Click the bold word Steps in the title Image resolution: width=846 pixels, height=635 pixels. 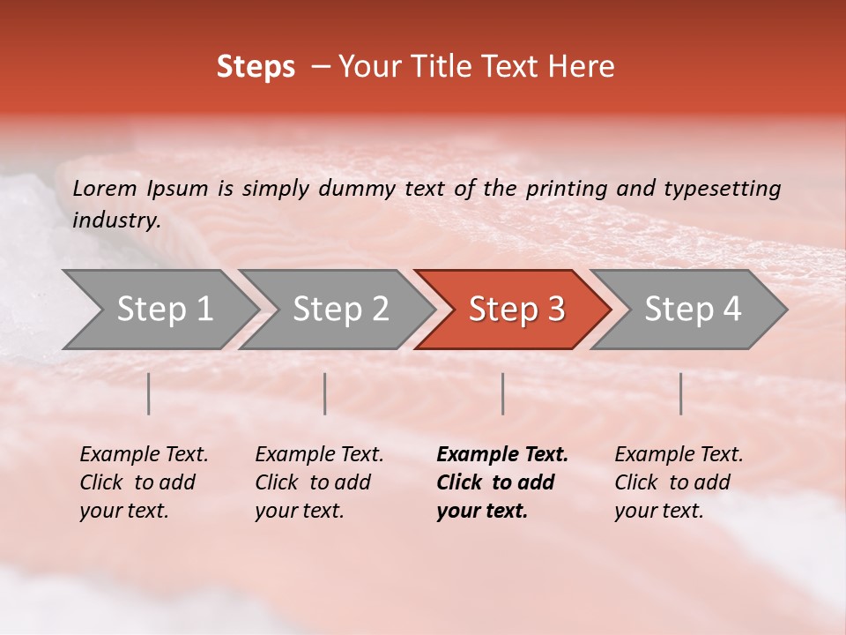point(256,67)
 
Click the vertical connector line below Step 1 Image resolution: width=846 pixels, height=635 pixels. point(149,393)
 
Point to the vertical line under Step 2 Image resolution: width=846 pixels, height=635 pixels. point(325,393)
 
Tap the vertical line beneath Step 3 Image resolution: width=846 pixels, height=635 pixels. point(502,393)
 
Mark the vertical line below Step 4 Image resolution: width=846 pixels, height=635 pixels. point(680,393)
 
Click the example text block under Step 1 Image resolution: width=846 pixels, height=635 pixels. point(144,482)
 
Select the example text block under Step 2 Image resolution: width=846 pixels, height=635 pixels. point(319,482)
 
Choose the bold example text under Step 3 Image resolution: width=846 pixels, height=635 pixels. point(502,482)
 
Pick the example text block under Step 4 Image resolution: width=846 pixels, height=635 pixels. point(679,482)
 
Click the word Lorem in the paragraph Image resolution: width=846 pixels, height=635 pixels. point(105,189)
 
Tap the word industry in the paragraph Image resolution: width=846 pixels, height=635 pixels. point(115,220)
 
